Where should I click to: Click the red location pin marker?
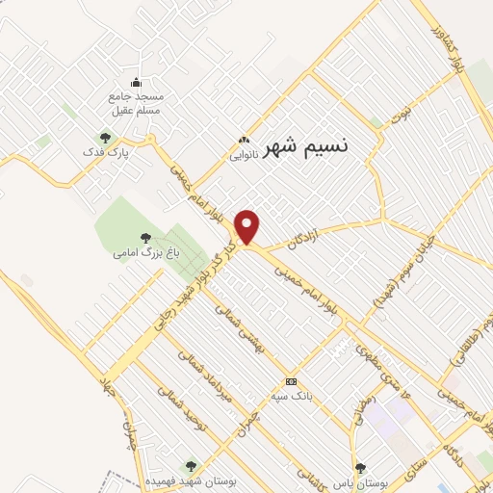click(x=248, y=227)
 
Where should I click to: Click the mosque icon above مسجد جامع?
click(x=136, y=82)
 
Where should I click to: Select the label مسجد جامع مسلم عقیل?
click(x=136, y=104)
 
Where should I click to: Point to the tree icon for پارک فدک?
click(x=105, y=137)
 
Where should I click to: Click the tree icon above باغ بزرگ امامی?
click(x=145, y=237)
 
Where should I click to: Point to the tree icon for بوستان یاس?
click(x=360, y=466)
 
